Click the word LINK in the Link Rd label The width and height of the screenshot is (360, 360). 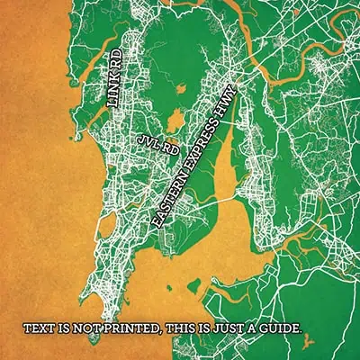114,93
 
